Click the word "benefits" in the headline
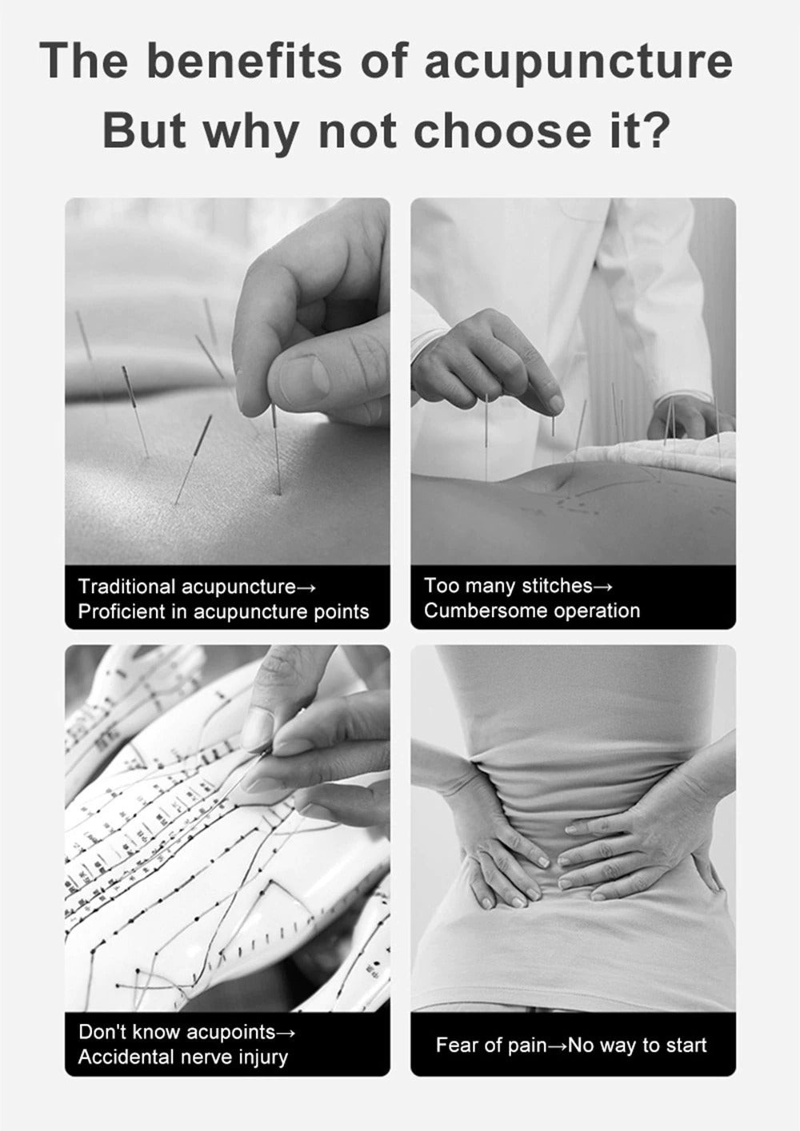(244, 61)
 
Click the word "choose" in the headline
(502, 130)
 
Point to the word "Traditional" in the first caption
(126, 587)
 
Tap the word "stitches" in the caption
(557, 586)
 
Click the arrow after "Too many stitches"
(603, 587)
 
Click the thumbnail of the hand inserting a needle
(227, 381)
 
